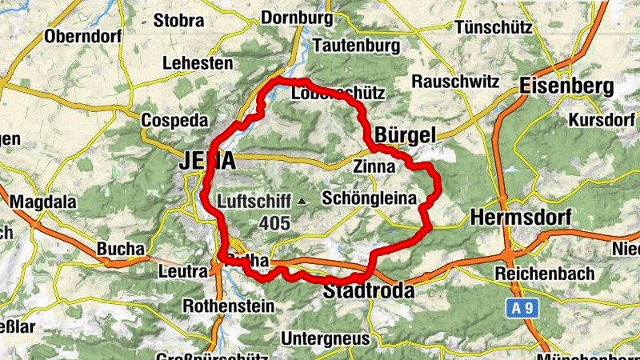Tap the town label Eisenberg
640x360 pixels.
[566, 86]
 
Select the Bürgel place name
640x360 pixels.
[406, 136]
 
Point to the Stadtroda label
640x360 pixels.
[369, 291]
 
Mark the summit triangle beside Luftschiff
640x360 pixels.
[302, 202]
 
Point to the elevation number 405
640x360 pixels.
[274, 223]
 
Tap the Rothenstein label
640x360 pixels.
[228, 306]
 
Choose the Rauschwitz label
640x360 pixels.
[456, 82]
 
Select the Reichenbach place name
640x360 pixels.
[544, 274]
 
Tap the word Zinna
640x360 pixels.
[374, 167]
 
